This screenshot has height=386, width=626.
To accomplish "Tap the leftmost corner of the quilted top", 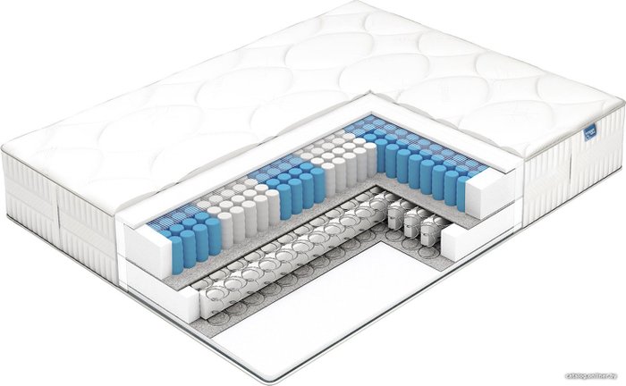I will [7, 143].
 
